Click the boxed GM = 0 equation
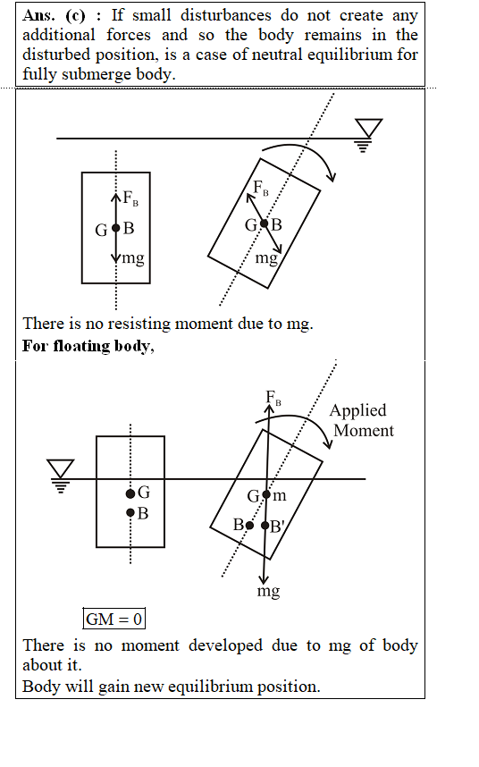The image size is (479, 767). click(113, 619)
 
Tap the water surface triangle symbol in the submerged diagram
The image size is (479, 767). click(368, 135)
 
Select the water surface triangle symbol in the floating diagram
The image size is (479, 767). click(61, 476)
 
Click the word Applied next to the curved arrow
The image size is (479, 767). click(357, 410)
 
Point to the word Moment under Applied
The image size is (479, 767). click(364, 431)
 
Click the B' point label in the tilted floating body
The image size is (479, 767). click(277, 527)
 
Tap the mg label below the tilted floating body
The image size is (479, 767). click(268, 592)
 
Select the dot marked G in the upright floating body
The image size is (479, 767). click(130, 493)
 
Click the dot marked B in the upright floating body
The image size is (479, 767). click(130, 512)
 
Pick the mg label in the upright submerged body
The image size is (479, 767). click(133, 257)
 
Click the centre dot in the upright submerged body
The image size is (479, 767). click(116, 228)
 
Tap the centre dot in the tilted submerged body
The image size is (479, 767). click(264, 223)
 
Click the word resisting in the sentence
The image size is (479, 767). click(139, 324)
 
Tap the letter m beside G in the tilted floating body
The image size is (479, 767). click(279, 496)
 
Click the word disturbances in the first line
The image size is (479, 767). click(226, 15)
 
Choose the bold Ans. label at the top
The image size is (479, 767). click(38, 15)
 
